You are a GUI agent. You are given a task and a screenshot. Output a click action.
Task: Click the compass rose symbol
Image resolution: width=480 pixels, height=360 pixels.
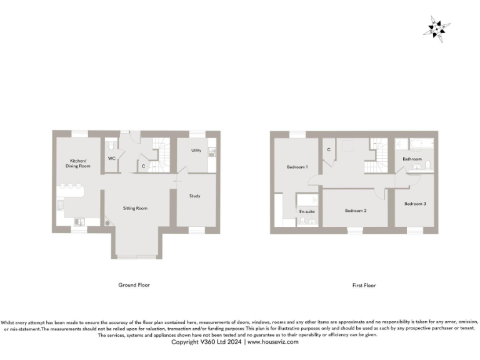437,28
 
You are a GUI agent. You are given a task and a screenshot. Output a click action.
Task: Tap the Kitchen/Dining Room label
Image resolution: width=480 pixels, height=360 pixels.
79,164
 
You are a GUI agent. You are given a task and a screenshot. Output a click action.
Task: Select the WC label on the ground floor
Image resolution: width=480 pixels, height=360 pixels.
111,158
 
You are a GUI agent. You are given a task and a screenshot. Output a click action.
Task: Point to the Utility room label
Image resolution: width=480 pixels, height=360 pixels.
196,151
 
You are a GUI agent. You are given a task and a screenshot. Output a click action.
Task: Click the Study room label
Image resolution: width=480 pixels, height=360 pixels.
194,196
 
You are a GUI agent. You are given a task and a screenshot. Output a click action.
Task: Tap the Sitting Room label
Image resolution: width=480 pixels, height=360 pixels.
134,208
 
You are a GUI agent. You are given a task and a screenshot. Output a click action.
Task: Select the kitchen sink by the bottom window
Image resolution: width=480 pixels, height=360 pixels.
79,222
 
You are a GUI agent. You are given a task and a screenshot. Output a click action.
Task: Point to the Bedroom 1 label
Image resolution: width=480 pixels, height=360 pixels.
297,167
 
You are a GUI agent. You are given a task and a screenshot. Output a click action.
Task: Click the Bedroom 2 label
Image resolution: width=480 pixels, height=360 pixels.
356,211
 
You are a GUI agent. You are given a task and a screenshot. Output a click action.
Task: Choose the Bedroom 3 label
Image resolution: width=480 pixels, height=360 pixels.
414,204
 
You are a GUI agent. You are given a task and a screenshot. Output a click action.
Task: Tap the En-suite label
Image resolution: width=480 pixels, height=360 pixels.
307,212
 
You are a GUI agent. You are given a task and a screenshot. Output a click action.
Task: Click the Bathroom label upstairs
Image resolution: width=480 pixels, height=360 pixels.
412,159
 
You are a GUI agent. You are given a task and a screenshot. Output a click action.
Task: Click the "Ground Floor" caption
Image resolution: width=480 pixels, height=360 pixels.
134,285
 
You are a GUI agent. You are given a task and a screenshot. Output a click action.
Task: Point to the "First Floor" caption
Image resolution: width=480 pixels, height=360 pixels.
364,285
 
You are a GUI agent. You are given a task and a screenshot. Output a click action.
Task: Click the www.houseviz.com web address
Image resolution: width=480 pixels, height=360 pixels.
273,342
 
